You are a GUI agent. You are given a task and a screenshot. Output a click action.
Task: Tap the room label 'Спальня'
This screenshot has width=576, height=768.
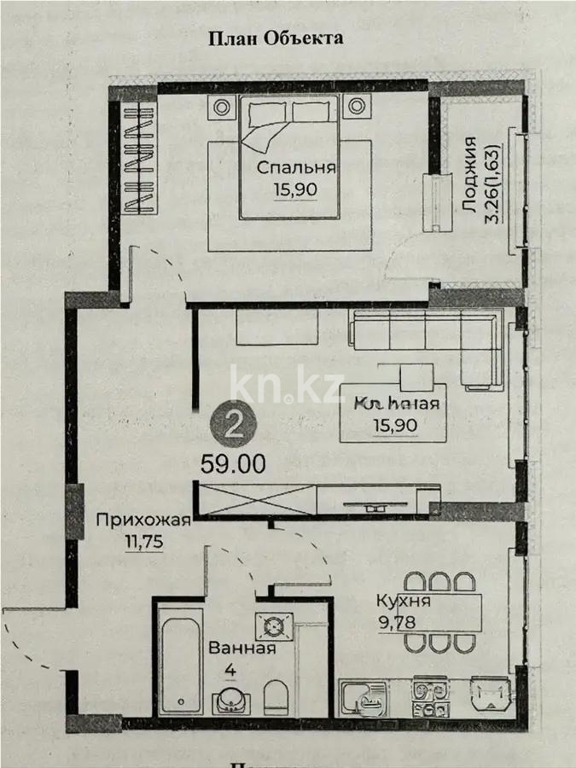[x=297, y=168]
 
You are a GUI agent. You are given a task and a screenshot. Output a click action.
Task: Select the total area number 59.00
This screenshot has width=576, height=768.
[x=233, y=464]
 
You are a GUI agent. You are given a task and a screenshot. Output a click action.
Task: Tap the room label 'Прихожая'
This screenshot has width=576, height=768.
[x=143, y=520]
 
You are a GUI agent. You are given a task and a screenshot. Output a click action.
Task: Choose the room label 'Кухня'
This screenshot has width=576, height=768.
[x=403, y=601]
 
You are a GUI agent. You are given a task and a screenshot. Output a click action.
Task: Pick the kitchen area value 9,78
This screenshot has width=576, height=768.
[x=397, y=621]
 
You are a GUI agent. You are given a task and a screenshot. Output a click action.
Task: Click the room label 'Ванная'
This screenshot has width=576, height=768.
[x=241, y=648]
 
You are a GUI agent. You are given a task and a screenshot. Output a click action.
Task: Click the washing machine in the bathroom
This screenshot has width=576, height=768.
[x=273, y=625]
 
